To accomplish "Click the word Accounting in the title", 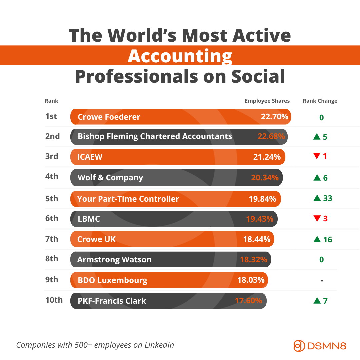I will click(180, 56).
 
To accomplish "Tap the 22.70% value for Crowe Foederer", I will click(274, 117).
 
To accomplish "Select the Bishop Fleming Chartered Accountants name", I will click(155, 136).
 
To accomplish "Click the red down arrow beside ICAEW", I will click(317, 155).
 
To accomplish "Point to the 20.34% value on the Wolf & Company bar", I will click(265, 178).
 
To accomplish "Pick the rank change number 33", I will click(328, 198).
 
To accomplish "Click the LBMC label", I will click(89, 219).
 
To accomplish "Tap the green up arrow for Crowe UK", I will click(317, 239).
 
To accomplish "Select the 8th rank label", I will click(52, 259).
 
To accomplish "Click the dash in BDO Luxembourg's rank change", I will click(322, 281).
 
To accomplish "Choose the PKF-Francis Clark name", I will click(112, 301).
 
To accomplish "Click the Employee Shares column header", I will click(267, 101).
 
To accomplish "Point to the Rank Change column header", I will click(320, 101).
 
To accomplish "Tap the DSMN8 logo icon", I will click(299, 345).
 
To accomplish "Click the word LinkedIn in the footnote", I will click(159, 345).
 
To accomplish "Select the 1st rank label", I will click(51, 116).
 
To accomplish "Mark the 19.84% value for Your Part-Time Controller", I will click(262, 199).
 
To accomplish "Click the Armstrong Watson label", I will click(114, 260).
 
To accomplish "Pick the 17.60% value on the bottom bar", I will click(248, 301).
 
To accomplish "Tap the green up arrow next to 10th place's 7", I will click(317, 301).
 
